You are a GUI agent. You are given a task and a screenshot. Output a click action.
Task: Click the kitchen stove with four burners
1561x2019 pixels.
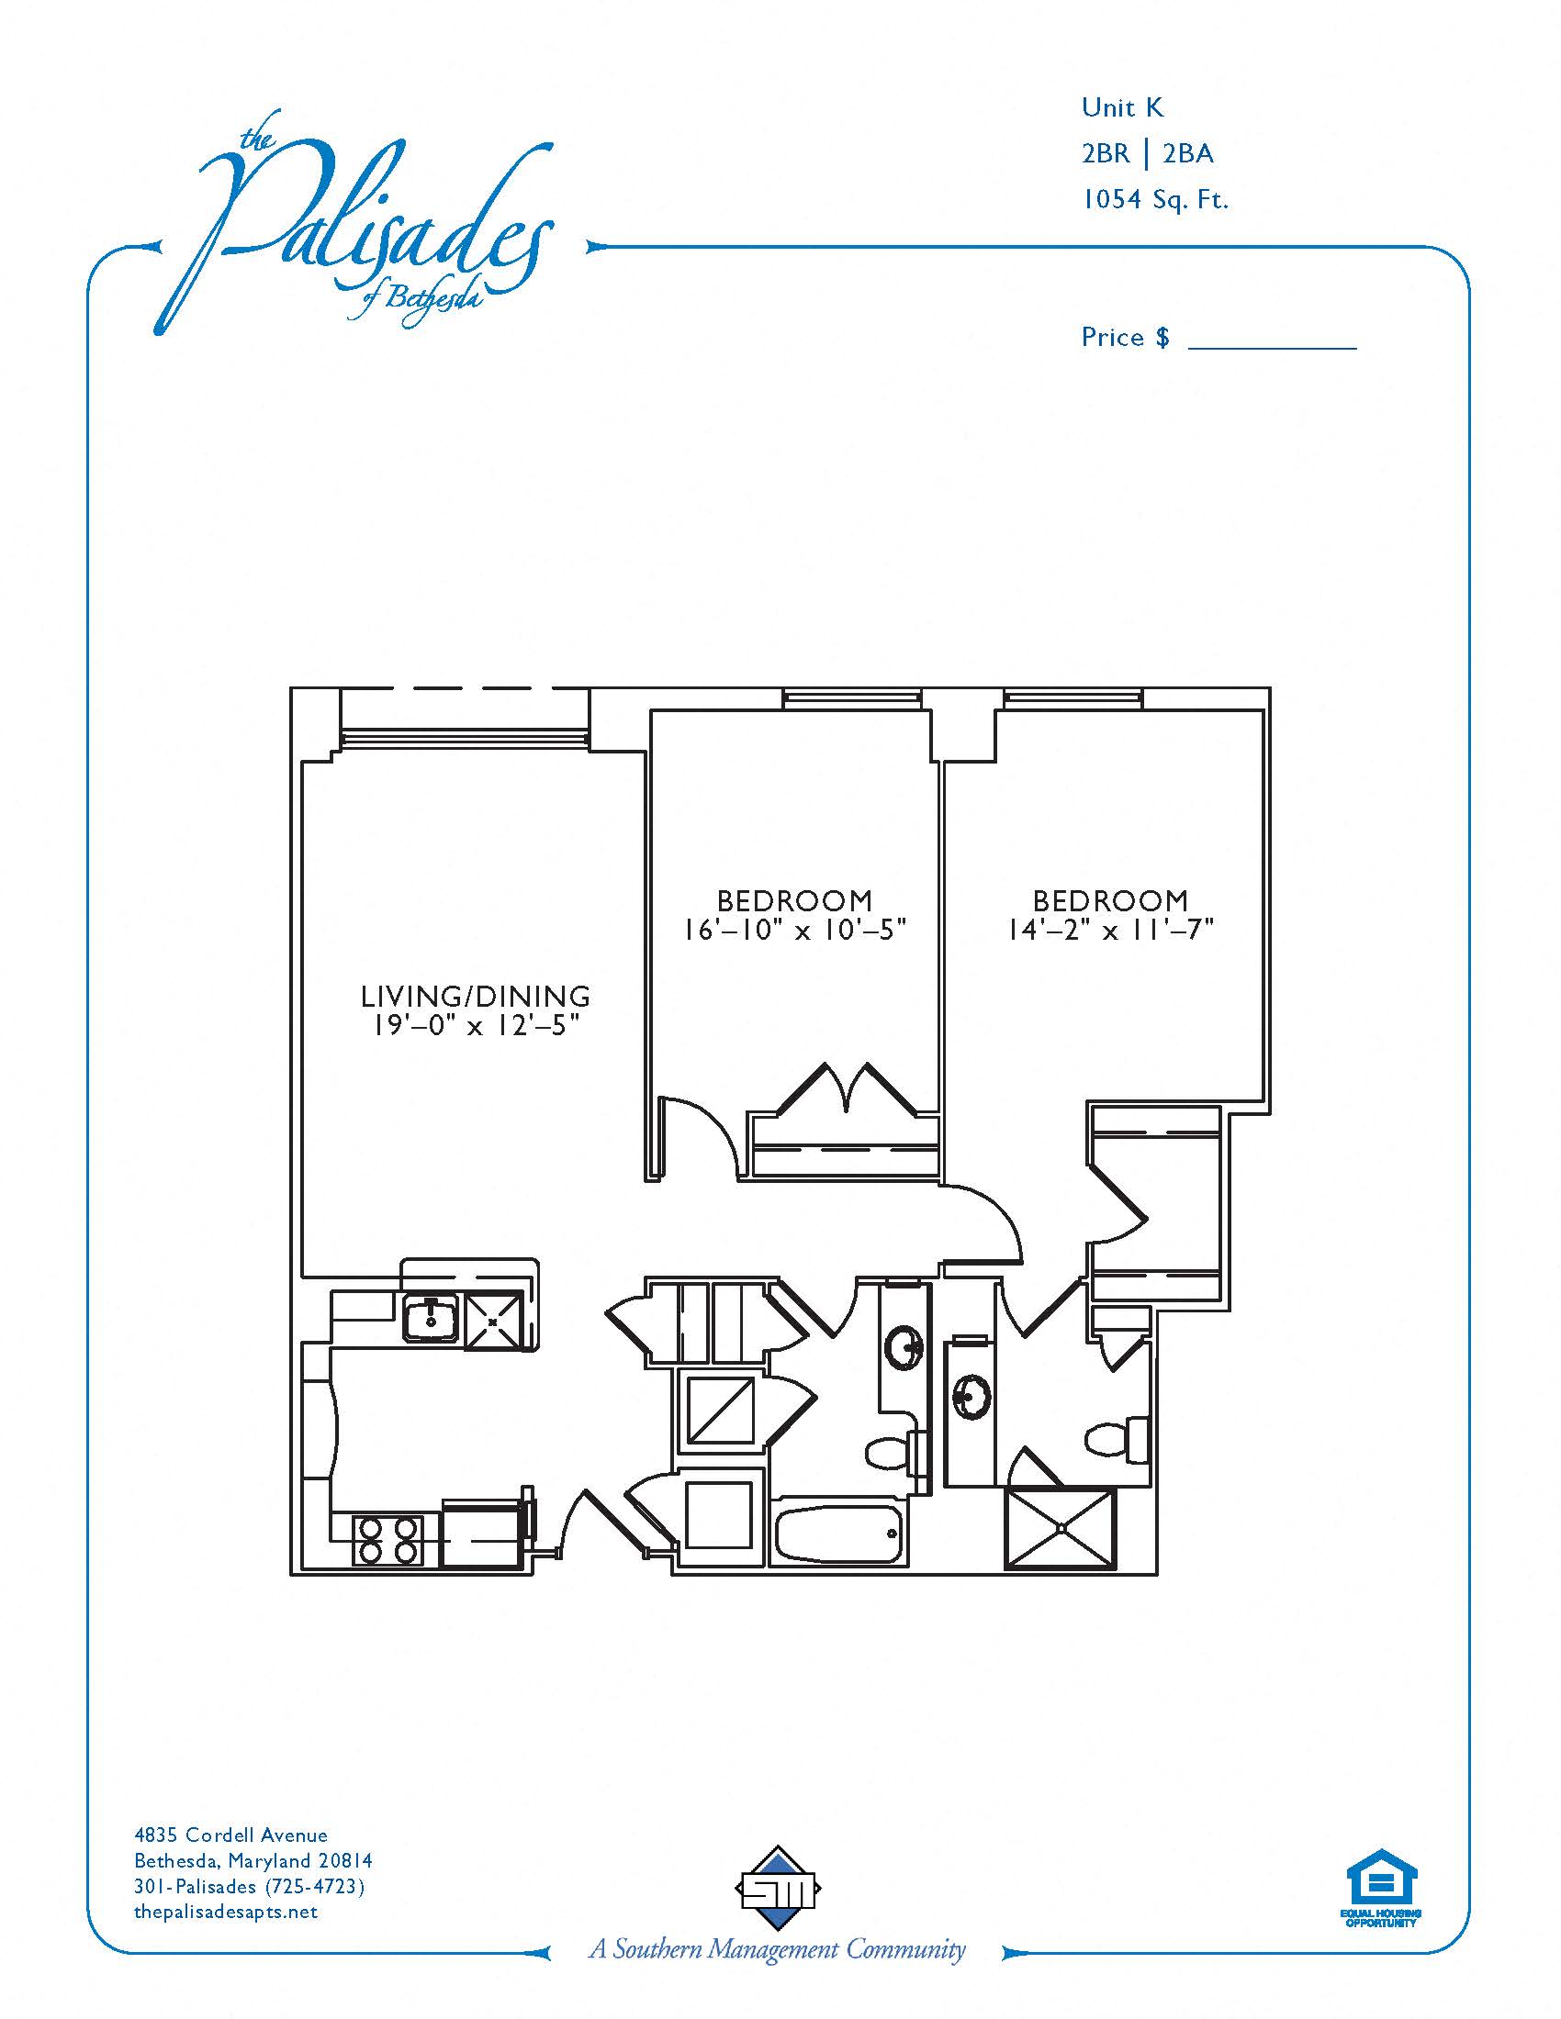pyautogui.click(x=387, y=1540)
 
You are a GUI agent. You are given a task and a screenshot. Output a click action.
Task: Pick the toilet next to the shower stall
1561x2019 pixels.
pyautogui.click(x=1117, y=1437)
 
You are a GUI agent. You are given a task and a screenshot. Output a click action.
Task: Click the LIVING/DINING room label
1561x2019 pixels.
pyautogui.click(x=476, y=996)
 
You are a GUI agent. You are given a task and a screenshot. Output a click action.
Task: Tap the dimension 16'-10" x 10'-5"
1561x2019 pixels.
pyautogui.click(x=794, y=929)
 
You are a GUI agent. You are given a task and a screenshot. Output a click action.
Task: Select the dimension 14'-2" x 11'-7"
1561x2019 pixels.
pyautogui.click(x=1110, y=929)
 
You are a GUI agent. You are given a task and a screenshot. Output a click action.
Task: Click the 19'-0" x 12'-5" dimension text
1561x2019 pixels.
pyautogui.click(x=476, y=1025)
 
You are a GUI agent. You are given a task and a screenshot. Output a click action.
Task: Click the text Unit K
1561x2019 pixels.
pyautogui.click(x=1122, y=107)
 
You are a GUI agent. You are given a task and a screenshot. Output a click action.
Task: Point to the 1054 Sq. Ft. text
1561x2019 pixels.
pyautogui.click(x=1155, y=199)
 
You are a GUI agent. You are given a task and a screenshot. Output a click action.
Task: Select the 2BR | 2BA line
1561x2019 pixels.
pyautogui.click(x=1148, y=152)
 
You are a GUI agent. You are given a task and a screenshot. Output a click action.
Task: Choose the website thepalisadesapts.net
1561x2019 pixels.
pyautogui.click(x=226, y=1911)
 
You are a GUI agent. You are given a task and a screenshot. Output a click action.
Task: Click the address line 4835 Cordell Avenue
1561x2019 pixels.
pyautogui.click(x=231, y=1835)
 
